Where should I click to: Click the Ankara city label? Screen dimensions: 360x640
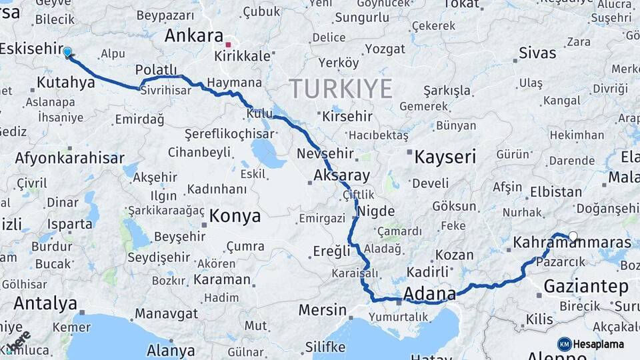[193, 35]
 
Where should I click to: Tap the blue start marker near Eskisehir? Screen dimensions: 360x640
[67, 51]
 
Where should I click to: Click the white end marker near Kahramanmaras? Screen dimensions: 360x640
[573, 236]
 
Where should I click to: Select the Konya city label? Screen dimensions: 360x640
[235, 216]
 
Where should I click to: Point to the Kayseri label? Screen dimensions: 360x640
[445, 157]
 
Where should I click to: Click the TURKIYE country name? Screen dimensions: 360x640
[341, 88]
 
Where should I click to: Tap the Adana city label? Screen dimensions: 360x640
[430, 294]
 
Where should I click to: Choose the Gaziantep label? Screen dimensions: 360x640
[586, 287]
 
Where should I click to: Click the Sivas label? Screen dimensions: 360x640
[537, 52]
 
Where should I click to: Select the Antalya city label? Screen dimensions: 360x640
[45, 303]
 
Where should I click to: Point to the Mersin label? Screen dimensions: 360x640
[323, 310]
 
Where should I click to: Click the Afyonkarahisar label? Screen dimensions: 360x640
[69, 159]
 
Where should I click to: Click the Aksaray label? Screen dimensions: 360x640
[341, 177]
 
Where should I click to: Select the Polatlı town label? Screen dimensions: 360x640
[156, 70]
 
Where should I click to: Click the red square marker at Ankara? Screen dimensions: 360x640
[228, 45]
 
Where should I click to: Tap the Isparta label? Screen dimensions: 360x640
[69, 224]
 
